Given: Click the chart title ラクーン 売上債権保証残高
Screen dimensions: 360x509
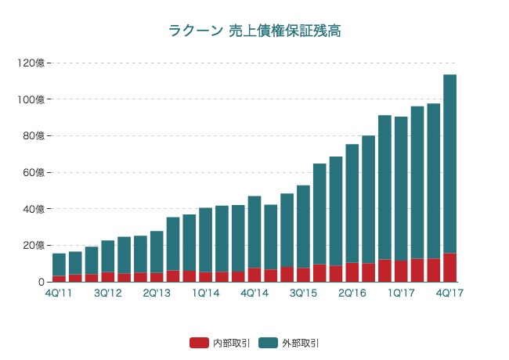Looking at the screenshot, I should tap(254, 31).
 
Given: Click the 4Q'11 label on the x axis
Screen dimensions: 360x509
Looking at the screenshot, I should tap(59, 293).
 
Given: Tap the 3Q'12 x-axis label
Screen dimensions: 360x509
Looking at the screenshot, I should tap(108, 293).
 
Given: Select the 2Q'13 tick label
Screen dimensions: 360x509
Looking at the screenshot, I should tap(157, 293).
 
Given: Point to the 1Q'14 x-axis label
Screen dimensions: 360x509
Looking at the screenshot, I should tap(206, 293).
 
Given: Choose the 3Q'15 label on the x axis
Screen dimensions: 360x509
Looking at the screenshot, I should tap(303, 293).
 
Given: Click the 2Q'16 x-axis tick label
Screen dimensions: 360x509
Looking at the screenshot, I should tap(352, 293).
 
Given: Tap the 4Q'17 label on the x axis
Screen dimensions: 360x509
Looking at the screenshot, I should tap(450, 293).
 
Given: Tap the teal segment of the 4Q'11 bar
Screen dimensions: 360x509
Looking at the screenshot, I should tap(59, 265).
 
